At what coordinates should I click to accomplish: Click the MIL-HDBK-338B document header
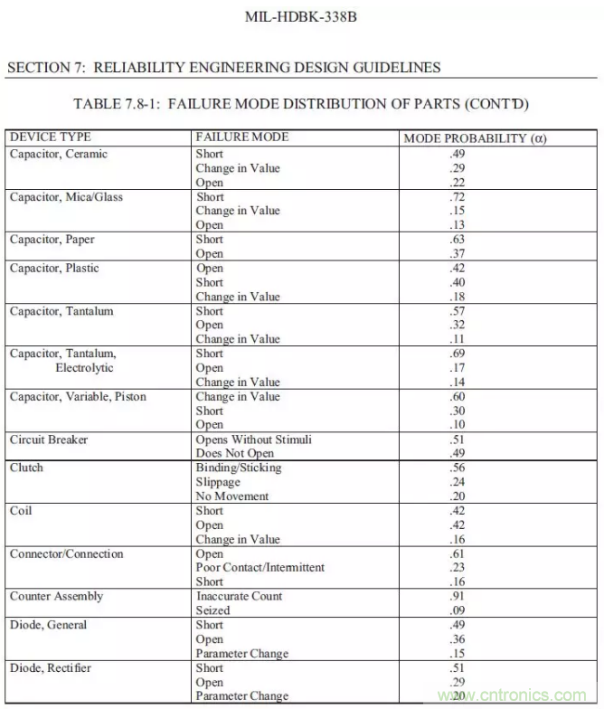(301, 17)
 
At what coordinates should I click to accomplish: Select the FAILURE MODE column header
(242, 137)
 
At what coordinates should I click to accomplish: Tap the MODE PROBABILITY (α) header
(475, 138)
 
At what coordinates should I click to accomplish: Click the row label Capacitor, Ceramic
(59, 154)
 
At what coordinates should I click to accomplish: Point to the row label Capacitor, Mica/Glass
(66, 196)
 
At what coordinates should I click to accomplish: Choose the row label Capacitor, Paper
(52, 240)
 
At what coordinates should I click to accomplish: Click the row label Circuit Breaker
(49, 440)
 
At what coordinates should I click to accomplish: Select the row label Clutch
(26, 468)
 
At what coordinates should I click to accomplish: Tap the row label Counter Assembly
(56, 596)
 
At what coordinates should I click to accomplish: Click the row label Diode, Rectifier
(51, 667)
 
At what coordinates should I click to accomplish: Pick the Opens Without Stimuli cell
(253, 440)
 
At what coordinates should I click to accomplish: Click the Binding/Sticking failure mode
(239, 468)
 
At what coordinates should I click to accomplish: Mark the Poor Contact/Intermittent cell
(260, 568)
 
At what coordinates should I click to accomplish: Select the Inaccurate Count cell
(239, 596)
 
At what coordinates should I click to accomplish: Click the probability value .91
(458, 596)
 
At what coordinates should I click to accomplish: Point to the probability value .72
(458, 196)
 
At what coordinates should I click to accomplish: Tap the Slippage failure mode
(218, 482)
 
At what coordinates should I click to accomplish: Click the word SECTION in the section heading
(39, 68)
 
